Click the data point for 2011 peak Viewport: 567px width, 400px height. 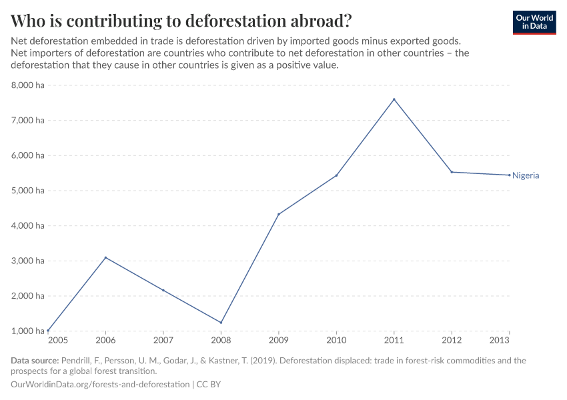pos(394,99)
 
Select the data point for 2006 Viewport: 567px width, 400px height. pos(105,257)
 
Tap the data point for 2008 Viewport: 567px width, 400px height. pos(221,323)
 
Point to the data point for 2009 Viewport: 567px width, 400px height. pos(278,214)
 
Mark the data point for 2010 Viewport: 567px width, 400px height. pos(336,175)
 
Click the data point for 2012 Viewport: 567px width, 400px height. pos(452,172)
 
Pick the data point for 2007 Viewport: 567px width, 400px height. pos(163,290)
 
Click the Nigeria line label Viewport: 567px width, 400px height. pos(526,175)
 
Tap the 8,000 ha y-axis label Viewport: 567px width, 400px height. pos(27,85)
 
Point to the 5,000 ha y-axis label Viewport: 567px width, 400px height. pos(27,191)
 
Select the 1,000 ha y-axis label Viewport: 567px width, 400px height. pos(27,331)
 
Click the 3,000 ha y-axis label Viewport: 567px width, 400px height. pos(27,261)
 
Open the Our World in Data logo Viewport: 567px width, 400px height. pos(534,22)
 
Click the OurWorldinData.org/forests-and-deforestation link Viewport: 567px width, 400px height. pos(100,385)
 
